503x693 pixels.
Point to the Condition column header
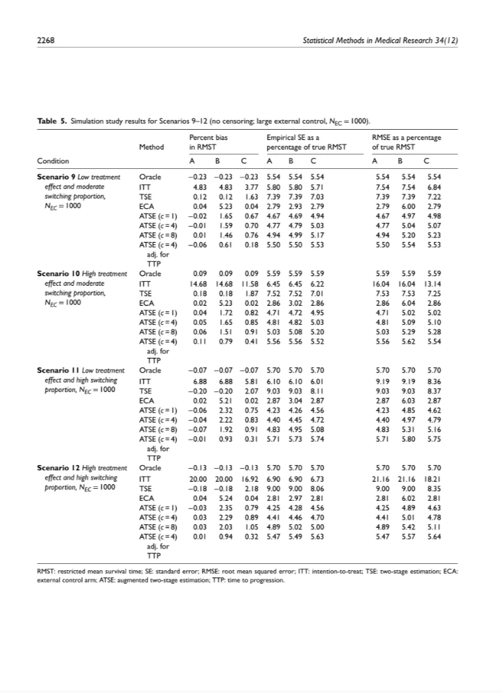click(x=53, y=161)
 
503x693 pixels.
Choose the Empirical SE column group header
click(x=306, y=142)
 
